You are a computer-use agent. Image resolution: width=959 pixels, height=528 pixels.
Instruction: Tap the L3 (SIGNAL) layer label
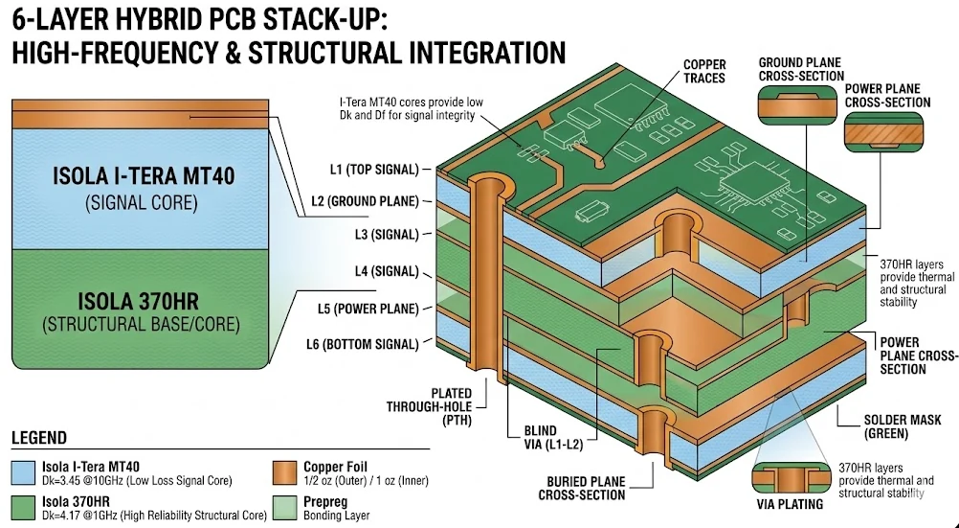pos(381,235)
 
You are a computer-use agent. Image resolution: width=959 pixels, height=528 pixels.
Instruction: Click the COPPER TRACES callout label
pos(703,71)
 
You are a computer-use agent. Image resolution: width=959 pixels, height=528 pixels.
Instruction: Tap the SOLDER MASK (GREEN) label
pos(903,426)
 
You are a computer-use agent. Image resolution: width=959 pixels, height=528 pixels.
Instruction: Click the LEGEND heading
pos(39,438)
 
